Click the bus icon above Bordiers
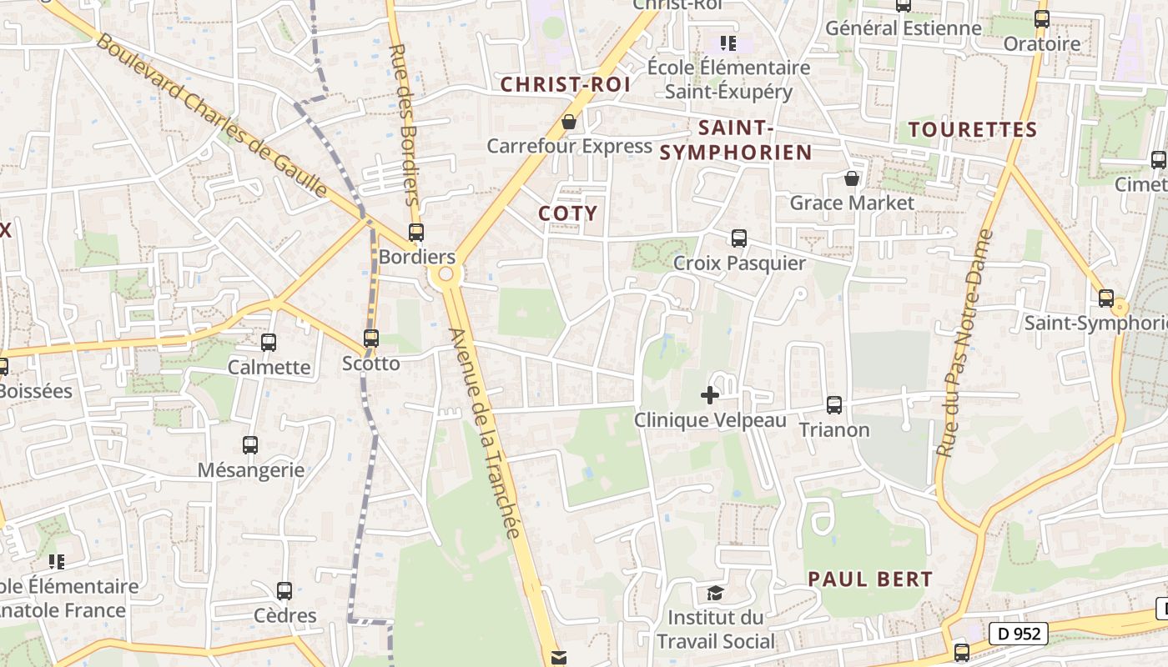[415, 233]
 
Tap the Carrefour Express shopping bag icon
[569, 122]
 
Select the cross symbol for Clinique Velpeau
[710, 394]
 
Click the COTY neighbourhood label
[568, 213]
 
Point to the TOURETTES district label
[973, 130]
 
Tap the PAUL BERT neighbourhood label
[870, 579]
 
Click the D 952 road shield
[1019, 634]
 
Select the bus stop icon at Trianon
[833, 405]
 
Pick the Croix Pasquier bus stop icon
[738, 238]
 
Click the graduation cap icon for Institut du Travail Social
[715, 593]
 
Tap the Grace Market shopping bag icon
[851, 178]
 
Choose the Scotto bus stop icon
[371, 339]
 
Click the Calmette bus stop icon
[269, 342]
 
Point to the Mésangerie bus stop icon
[250, 445]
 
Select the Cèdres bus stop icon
[284, 591]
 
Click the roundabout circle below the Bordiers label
[446, 274]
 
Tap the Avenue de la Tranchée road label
[485, 434]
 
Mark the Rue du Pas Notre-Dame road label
[964, 342]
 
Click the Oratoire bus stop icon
[1041, 19]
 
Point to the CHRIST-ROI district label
[565, 85]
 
